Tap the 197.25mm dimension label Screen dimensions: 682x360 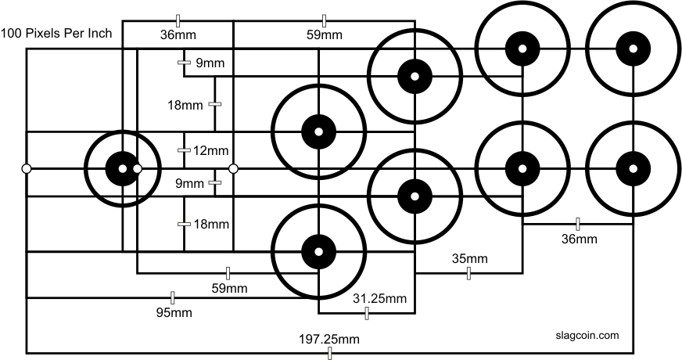pos(329,339)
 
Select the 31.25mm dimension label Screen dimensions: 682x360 pos(379,299)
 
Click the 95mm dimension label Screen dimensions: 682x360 pos(174,312)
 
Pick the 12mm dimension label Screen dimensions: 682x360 pos(210,150)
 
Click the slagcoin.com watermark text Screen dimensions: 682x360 pos(587,335)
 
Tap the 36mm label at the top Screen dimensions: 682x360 pos(178,34)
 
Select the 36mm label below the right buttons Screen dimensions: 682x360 pos(580,239)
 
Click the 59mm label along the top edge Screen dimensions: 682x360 pos(325,34)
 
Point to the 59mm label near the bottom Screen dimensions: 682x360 pos(230,288)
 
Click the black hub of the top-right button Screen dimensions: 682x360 pos(634,49)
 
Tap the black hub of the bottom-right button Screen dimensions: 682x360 pos(634,168)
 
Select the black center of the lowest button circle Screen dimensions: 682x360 pos(319,251)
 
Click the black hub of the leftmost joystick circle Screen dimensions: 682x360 pos(123,168)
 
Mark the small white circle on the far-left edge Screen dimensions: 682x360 pos(27,168)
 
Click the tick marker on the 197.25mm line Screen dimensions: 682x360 pos(330,354)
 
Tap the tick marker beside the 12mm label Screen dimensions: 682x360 pos(185,150)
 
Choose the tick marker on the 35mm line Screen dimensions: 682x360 pos(468,273)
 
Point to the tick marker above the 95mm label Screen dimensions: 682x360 pos(173,297)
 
